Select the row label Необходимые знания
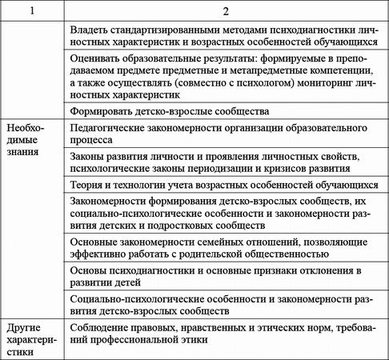pyautogui.click(x=30, y=141)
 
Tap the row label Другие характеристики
pyautogui.click(x=33, y=340)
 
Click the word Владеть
pyautogui.click(x=92, y=30)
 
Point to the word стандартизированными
pyautogui.click(x=176, y=30)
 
